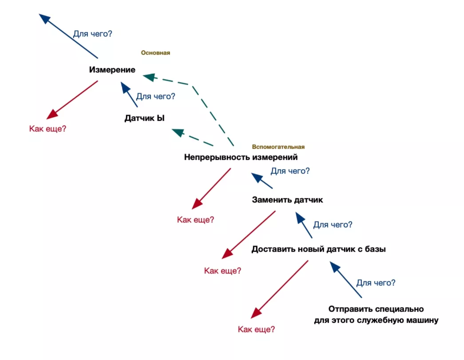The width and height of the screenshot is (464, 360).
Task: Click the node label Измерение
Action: pos(112,70)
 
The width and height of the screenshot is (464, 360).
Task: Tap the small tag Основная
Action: pos(155,53)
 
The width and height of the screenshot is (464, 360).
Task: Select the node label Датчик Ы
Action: pos(144,119)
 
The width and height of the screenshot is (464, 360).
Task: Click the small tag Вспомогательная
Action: pos(278,147)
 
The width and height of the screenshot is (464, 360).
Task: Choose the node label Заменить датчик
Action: pos(287,200)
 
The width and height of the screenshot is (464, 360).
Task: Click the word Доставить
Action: pos(271,249)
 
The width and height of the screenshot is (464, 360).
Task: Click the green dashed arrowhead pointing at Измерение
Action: pos(149,77)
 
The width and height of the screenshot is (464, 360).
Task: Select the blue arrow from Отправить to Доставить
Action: pos(346,280)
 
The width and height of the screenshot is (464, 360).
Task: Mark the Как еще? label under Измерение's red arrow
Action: pos(48,129)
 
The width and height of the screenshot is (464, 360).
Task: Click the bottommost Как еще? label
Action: pos(256,329)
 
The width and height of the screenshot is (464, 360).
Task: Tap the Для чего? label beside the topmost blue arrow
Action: pos(93,33)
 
